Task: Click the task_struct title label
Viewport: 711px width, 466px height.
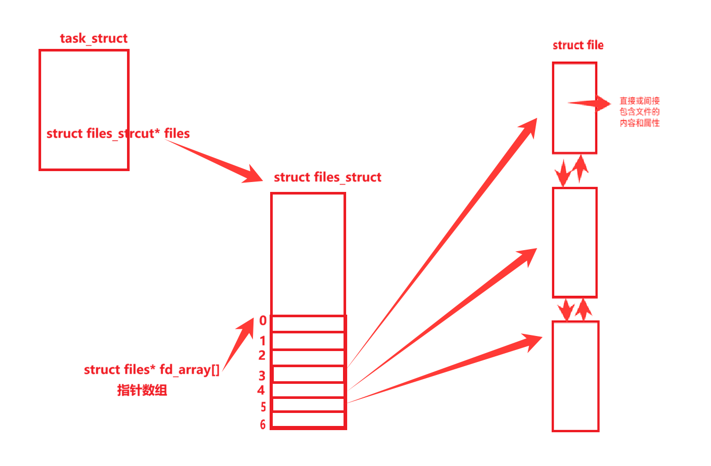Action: tap(94, 38)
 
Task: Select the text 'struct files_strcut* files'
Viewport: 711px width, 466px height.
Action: tap(118, 134)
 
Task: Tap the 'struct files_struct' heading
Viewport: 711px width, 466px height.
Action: tap(327, 177)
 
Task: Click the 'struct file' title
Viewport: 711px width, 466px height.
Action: tap(578, 45)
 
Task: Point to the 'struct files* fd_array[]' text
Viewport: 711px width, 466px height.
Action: tap(151, 370)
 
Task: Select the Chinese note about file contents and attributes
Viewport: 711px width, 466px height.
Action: tap(640, 112)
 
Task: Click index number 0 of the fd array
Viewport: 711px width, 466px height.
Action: tap(263, 321)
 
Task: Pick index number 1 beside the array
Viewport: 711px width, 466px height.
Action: tap(263, 341)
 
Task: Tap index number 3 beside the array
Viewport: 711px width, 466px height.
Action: tap(262, 376)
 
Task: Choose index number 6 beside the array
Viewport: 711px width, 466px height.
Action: tap(263, 425)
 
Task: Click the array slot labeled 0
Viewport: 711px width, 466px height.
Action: tap(308, 323)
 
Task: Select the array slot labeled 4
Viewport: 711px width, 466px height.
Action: tap(308, 390)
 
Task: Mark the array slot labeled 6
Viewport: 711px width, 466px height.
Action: tap(308, 419)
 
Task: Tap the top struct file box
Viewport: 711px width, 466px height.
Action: tap(575, 108)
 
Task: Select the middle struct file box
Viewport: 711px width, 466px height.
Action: tap(575, 242)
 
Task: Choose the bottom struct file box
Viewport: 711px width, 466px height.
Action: tap(575, 376)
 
